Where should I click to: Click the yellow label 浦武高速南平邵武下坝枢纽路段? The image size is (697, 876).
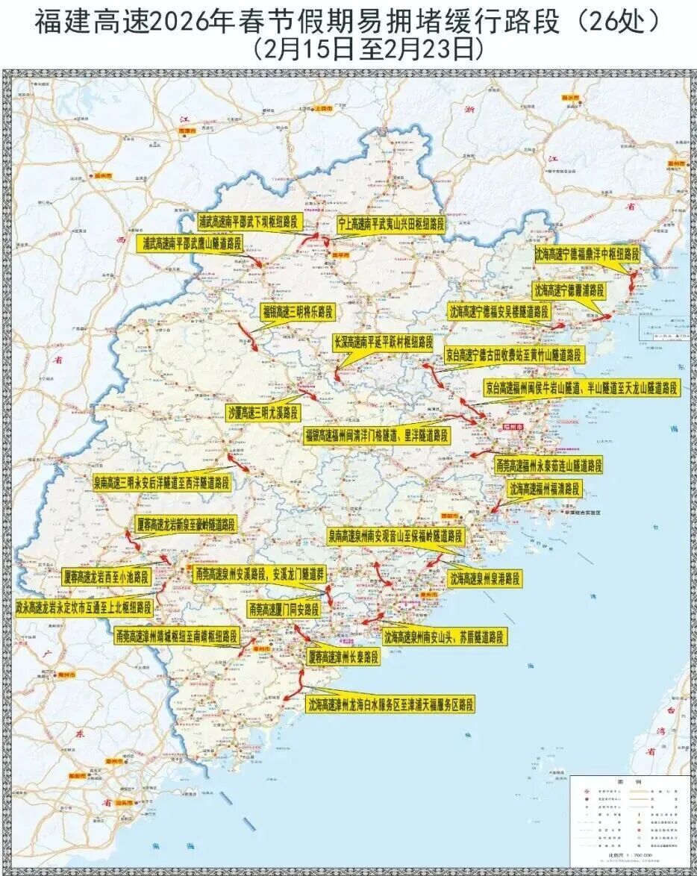pos(247,222)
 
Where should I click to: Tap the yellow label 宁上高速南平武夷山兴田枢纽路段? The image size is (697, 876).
pos(391,223)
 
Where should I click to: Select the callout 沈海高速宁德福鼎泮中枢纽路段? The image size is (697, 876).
pos(587,254)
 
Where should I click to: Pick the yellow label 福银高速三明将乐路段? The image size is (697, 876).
pos(296,310)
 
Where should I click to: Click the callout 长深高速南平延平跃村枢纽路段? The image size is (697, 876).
pos(383,342)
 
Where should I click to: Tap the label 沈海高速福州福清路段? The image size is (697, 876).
pos(544,489)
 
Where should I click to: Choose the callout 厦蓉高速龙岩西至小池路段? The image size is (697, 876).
pos(106,576)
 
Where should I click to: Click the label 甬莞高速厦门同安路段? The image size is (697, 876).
pos(284,610)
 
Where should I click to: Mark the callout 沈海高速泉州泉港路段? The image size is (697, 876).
pos(484,578)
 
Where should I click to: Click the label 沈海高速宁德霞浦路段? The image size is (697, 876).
pos(569,289)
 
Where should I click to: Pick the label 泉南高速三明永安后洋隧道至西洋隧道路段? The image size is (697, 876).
pos(161,483)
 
